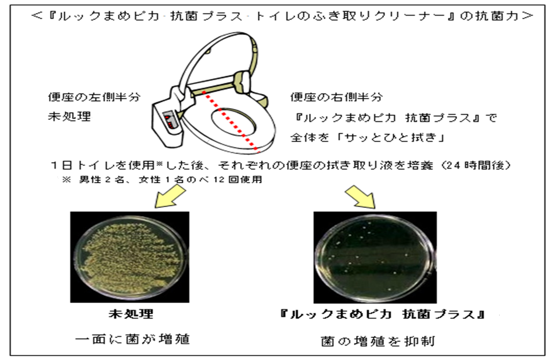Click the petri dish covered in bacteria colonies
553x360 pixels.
(x=130, y=257)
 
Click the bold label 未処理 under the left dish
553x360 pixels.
(x=131, y=314)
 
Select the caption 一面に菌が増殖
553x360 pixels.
(x=132, y=338)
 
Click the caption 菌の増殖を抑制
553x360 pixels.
(x=378, y=340)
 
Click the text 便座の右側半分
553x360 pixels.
(x=336, y=97)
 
